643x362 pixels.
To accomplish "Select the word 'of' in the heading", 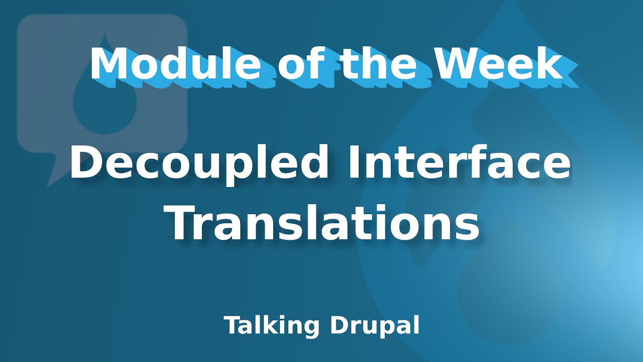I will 301,64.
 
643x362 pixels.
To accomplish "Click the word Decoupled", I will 199,163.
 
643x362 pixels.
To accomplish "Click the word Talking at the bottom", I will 271,326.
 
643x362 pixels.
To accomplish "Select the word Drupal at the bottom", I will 374,326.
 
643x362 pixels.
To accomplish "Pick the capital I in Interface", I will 349,163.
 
